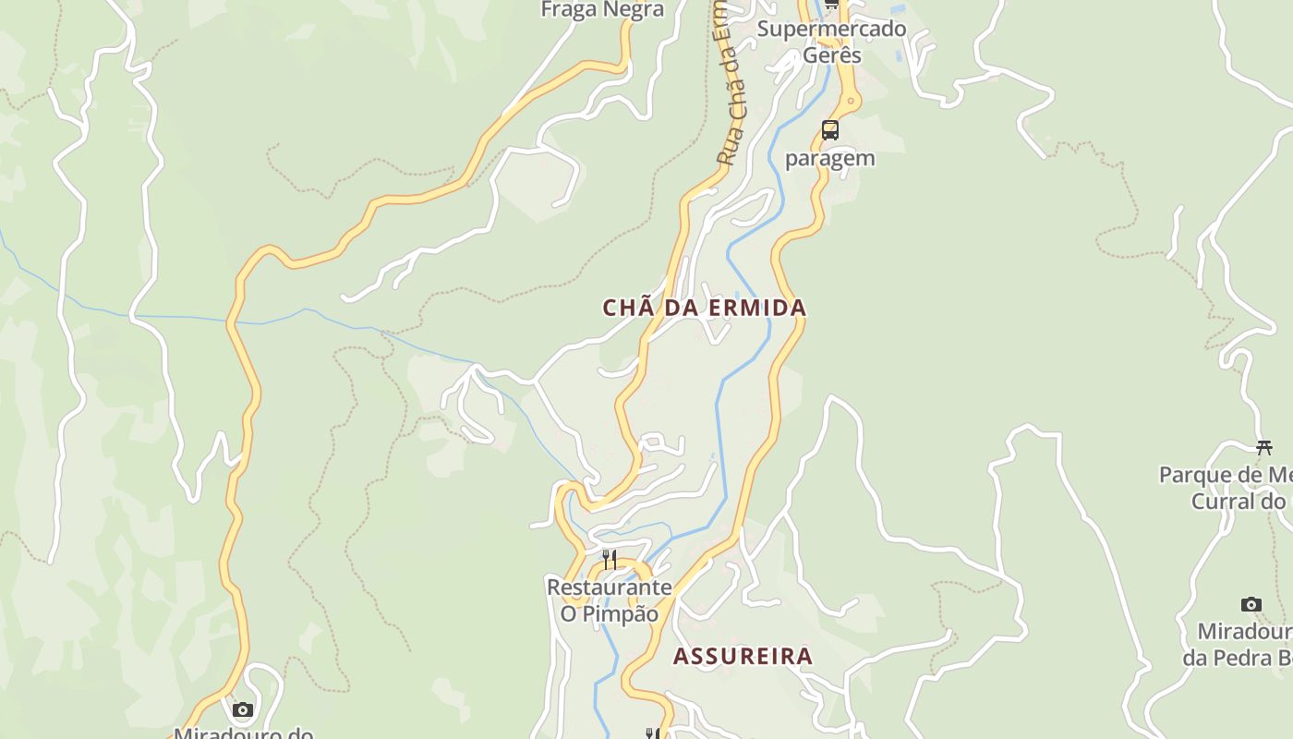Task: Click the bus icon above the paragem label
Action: (x=830, y=129)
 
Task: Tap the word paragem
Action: (x=829, y=158)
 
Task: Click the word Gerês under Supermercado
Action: (x=831, y=55)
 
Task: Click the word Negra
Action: (x=633, y=10)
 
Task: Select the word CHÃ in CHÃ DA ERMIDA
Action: (x=622, y=308)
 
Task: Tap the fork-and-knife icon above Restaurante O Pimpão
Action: (x=610, y=560)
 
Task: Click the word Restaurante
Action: (x=609, y=588)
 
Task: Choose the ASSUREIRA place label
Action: (x=743, y=657)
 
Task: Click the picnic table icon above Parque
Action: (x=1263, y=448)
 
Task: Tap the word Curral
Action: (x=1224, y=502)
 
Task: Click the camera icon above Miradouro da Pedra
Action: (x=1251, y=605)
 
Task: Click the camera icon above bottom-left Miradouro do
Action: (x=243, y=709)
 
